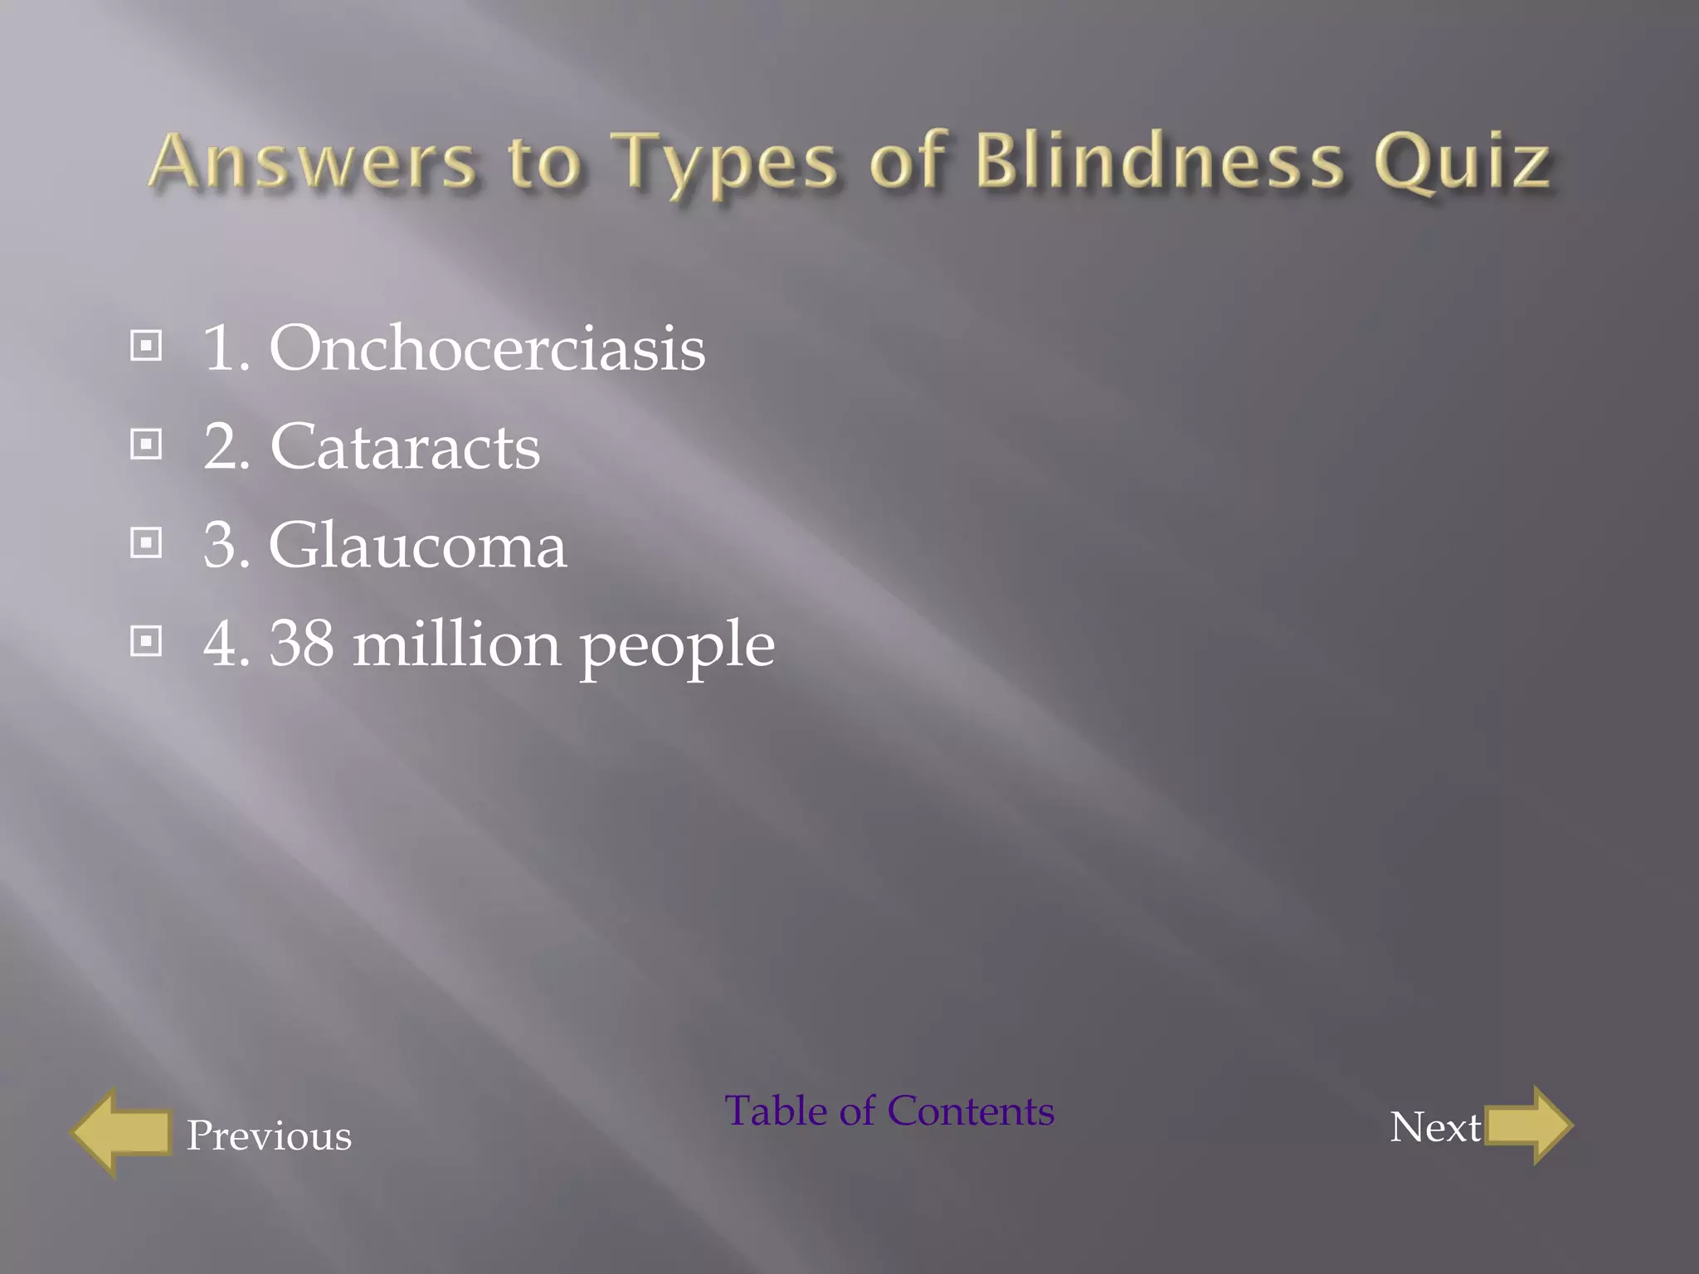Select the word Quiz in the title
1462,163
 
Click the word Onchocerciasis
487,348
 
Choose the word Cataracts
405,447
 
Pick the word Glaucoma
417,546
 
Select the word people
677,647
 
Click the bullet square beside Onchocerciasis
147,346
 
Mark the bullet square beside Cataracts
147,445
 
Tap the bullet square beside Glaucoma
147,543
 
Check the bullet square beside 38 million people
147,641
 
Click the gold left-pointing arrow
121,1132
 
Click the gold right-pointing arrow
1528,1126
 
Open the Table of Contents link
889,1111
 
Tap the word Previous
269,1135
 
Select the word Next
1435,1127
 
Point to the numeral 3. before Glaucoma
226,546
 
